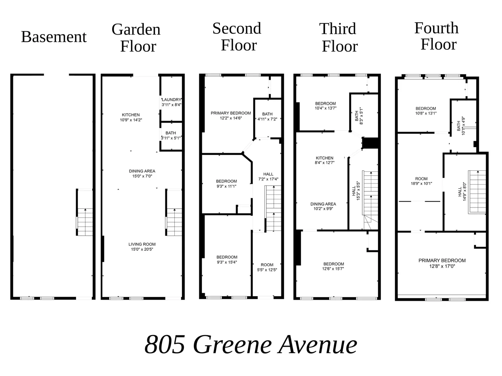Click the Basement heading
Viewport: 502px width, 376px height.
(54, 37)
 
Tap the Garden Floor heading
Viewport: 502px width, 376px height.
(136, 38)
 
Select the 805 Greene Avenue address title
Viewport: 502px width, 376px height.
(251, 344)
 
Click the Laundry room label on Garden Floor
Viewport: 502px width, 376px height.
(171, 102)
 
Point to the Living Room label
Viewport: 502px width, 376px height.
(142, 247)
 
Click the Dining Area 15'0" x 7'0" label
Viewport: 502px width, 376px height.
(142, 173)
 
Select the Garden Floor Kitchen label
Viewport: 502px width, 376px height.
(131, 117)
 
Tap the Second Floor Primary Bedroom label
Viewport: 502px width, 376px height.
(230, 115)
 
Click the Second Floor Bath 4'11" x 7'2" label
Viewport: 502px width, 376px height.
(267, 117)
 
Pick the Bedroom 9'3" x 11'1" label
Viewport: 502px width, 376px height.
(226, 183)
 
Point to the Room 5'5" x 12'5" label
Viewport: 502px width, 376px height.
(267, 267)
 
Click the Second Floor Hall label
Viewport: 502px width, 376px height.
(268, 176)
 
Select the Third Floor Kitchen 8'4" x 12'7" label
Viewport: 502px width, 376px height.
(324, 160)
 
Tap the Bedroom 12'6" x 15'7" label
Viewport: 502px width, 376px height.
(333, 266)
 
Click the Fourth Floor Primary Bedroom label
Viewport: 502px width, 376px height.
(442, 263)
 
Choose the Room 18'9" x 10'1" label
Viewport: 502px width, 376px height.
(421, 181)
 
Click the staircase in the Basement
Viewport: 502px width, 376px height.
(85, 222)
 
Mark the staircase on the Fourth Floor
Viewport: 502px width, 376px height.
(477, 192)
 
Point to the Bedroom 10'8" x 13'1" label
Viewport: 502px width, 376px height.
(426, 111)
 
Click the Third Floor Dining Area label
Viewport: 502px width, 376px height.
(323, 206)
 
